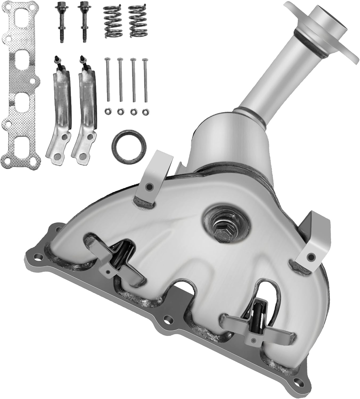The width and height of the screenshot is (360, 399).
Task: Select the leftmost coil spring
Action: pos(112,22)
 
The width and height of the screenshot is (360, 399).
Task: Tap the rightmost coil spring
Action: pos(138,22)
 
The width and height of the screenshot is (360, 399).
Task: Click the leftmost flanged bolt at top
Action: pos(60,21)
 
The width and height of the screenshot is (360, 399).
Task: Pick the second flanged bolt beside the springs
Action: pos(84,21)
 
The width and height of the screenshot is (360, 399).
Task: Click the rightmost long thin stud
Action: pos(145,80)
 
